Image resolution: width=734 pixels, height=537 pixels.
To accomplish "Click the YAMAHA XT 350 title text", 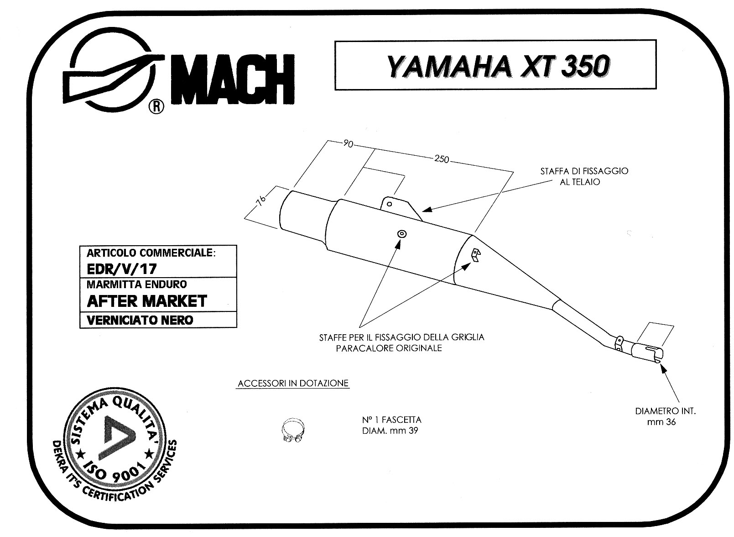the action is click(x=498, y=67).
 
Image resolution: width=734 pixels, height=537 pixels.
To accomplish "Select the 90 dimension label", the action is click(x=348, y=144).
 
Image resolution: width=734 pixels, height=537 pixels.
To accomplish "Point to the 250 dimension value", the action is click(x=442, y=159).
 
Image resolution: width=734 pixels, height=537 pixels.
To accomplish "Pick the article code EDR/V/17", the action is click(x=122, y=269).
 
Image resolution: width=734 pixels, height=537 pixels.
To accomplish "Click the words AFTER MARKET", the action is click(x=147, y=301).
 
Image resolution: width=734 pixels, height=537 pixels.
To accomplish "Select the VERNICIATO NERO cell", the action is click(x=158, y=320).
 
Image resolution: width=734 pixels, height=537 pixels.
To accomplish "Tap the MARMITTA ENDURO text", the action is click(x=136, y=284).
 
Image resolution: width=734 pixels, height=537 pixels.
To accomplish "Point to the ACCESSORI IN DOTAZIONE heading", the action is click(x=293, y=383).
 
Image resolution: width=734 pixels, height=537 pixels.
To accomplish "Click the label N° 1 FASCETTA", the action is click(x=391, y=420).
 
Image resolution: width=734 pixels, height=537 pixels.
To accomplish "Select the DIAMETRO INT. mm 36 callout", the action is click(x=665, y=416).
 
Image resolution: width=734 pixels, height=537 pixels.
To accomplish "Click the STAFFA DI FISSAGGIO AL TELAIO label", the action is click(x=584, y=176).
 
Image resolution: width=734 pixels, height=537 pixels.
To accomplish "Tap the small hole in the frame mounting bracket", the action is click(x=389, y=204).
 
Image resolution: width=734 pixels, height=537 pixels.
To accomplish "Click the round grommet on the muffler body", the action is click(x=402, y=234).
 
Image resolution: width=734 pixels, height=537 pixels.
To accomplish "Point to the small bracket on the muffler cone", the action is click(x=476, y=255).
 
